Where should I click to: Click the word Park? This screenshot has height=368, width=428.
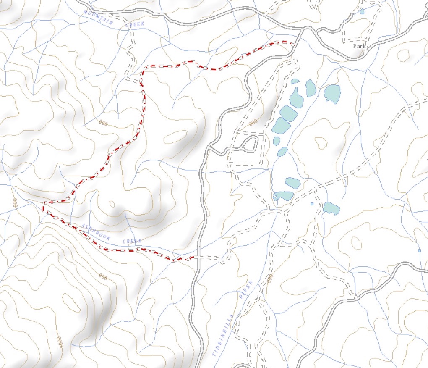[x=360, y=46]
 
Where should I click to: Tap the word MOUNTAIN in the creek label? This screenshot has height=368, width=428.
[x=98, y=17]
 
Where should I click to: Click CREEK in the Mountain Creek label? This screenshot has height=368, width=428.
[x=135, y=24]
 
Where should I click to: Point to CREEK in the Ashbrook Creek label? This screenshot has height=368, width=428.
[x=132, y=241]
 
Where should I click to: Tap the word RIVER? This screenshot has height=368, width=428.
[x=248, y=290]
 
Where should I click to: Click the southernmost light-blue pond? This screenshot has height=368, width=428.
[x=331, y=208]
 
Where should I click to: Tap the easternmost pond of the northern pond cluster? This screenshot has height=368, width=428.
[x=332, y=93]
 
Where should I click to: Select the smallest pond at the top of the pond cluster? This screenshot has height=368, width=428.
[x=295, y=81]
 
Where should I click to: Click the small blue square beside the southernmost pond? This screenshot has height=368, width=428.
[x=312, y=204]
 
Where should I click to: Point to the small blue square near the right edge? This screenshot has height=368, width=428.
[x=419, y=251]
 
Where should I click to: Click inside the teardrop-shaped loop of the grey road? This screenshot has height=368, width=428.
[x=250, y=144]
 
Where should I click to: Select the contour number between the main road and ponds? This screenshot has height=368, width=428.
[x=253, y=123]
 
